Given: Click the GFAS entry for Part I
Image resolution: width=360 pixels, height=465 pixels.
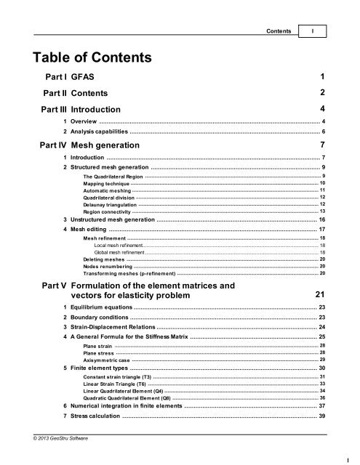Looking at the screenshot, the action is click(83, 77).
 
